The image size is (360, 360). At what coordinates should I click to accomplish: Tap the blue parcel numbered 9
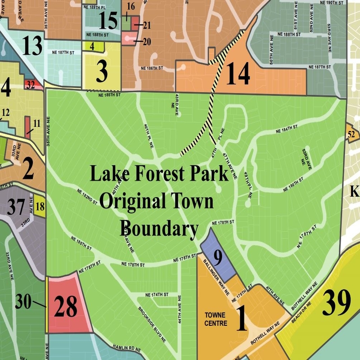click(x=218, y=258)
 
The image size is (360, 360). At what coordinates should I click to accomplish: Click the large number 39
click(x=337, y=304)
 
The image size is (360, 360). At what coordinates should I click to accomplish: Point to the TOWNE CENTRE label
click(x=215, y=319)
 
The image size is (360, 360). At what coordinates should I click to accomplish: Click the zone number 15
click(x=108, y=21)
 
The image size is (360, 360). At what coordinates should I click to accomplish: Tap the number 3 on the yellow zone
click(x=102, y=69)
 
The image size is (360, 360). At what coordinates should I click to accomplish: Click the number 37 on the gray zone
click(x=16, y=208)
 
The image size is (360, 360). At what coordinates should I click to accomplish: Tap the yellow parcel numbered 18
click(x=40, y=207)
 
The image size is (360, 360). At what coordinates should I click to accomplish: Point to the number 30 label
click(x=23, y=301)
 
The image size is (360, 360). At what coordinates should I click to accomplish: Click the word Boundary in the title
click(x=160, y=228)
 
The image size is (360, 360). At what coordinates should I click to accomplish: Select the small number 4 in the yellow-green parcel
click(x=92, y=45)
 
